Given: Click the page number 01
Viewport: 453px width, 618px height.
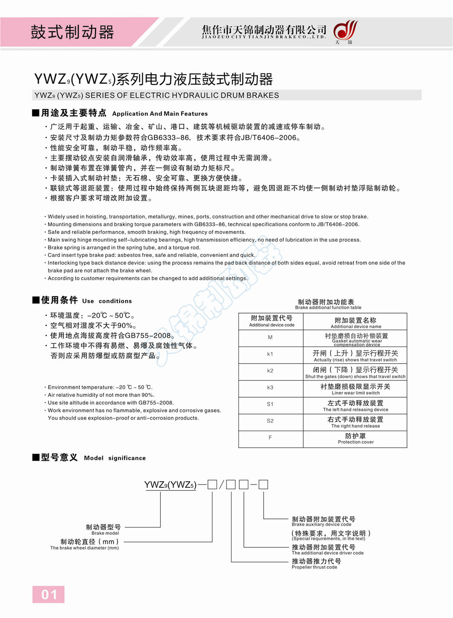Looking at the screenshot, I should click(48, 594).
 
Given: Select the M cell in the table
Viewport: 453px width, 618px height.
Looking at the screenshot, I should click(270, 338).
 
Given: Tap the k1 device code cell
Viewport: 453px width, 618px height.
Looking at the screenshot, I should click(270, 354).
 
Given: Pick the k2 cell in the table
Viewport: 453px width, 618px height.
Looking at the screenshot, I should click(270, 371).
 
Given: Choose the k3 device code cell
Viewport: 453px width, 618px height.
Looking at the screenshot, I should click(270, 388).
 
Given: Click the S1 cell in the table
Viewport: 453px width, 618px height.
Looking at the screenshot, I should click(270, 404).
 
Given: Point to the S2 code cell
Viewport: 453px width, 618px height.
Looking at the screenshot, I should click(270, 421).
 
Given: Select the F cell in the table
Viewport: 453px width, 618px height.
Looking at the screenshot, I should click(270, 438).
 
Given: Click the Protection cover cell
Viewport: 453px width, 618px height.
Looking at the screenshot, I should click(356, 438).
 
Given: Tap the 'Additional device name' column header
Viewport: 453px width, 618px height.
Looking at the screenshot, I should click(356, 322).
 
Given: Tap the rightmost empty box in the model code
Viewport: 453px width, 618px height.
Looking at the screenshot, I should click(263, 485).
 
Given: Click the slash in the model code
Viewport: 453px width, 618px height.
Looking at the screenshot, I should click(222, 485).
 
